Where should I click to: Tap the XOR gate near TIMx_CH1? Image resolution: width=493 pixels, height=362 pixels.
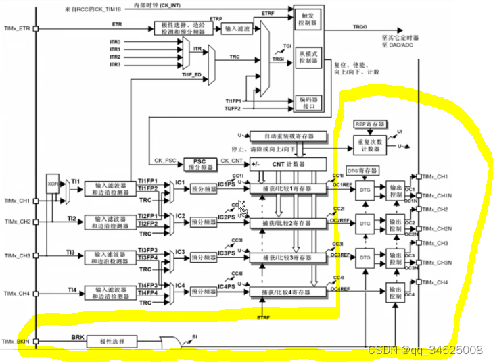point(53,183)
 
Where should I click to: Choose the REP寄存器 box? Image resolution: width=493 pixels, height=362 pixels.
point(369,125)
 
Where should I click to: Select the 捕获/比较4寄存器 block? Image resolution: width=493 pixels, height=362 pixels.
point(288,291)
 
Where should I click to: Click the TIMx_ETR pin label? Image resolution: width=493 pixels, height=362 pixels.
point(16,29)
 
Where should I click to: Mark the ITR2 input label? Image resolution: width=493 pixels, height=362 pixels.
point(116,57)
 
